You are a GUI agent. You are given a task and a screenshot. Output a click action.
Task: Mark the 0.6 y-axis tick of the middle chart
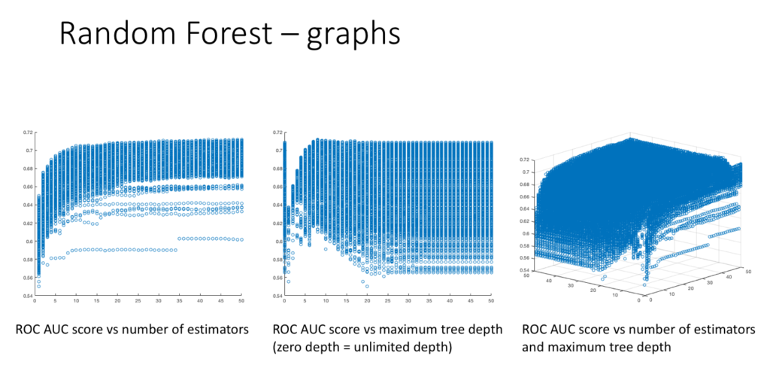(277, 242)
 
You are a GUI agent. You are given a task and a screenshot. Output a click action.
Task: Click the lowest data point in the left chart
(39, 286)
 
